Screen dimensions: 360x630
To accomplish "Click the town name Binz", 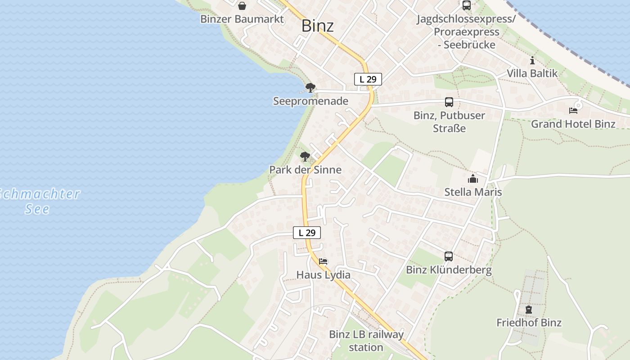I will click(x=317, y=26).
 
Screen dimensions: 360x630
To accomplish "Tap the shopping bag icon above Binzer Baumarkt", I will click(x=242, y=6).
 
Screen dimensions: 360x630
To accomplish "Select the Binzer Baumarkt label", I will click(x=242, y=19).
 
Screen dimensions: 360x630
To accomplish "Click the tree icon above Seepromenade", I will click(x=310, y=88).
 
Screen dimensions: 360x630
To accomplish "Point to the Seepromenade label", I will click(x=310, y=101).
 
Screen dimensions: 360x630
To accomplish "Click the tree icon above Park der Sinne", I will click(x=305, y=157).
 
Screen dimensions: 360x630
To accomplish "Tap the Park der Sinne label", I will click(x=305, y=170).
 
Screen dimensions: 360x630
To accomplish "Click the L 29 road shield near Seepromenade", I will click(x=368, y=79).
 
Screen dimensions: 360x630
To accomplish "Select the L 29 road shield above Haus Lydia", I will click(x=307, y=233).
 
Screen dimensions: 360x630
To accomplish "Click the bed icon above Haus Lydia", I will click(x=323, y=261).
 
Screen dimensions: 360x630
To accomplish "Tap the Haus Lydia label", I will click(x=323, y=274).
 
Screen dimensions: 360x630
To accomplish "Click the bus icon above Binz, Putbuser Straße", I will click(x=449, y=102).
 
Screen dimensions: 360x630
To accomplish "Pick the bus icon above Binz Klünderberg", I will click(x=449, y=256).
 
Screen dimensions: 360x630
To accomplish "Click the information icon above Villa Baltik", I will click(x=532, y=60).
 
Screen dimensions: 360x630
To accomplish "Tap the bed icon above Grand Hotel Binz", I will click(x=573, y=110).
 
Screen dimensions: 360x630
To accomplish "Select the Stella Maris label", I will click(x=473, y=192).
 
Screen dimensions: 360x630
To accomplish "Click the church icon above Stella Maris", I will click(x=473, y=179).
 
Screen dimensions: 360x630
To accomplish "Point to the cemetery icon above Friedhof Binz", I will click(x=529, y=310).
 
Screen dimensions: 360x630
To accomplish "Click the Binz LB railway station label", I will click(x=366, y=341).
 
